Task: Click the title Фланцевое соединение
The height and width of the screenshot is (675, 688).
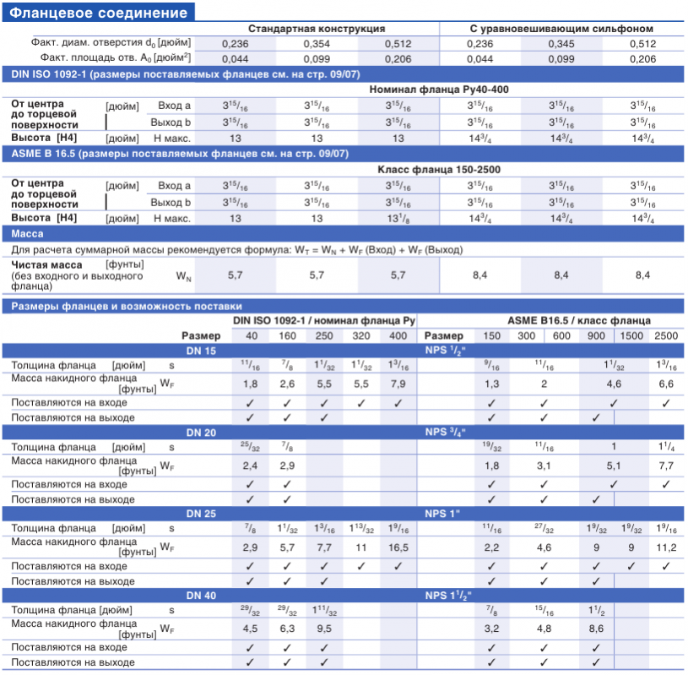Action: click(x=98, y=13)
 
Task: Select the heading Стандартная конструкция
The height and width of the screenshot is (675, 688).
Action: click(x=317, y=29)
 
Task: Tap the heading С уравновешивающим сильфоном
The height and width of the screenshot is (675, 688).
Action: click(x=561, y=29)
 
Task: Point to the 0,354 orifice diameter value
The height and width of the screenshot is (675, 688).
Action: click(x=317, y=44)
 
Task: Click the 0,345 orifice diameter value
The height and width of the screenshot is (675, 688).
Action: click(x=561, y=44)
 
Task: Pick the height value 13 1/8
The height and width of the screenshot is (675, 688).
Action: click(x=398, y=218)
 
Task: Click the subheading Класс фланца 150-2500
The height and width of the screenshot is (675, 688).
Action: click(x=439, y=170)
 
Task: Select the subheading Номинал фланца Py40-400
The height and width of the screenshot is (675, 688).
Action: click(x=439, y=90)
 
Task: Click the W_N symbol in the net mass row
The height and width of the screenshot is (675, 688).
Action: click(x=183, y=276)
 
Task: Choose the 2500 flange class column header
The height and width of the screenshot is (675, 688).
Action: click(x=666, y=336)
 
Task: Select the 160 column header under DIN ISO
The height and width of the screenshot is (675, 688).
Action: click(x=287, y=336)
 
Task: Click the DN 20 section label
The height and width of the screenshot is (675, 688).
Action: click(x=201, y=433)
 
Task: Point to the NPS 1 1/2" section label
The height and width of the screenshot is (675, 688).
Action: click(x=448, y=596)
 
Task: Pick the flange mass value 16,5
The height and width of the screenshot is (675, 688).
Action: click(x=398, y=547)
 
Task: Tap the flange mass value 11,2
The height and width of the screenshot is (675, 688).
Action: click(x=666, y=547)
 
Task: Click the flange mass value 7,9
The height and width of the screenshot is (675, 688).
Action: click(x=398, y=384)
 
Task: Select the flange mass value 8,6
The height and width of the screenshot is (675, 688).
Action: click(x=596, y=629)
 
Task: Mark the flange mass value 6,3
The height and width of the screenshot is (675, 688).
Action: click(x=287, y=629)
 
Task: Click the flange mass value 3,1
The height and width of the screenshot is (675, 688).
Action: click(x=544, y=466)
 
